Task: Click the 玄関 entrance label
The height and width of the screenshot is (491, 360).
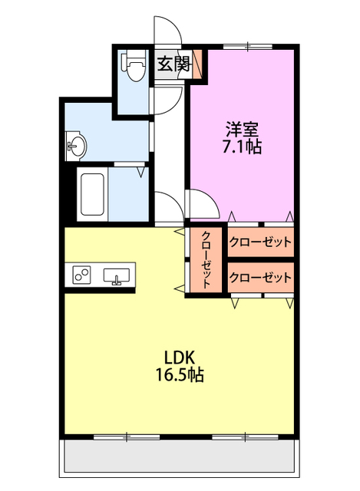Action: pyautogui.click(x=174, y=64)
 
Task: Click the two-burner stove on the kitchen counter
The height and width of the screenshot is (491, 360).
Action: pyautogui.click(x=82, y=273)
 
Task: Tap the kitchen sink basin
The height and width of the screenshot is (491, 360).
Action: pyautogui.click(x=117, y=275)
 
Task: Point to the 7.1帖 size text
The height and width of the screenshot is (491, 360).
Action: pyautogui.click(x=241, y=146)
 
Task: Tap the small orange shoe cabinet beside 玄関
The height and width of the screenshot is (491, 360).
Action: pyautogui.click(x=199, y=64)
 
